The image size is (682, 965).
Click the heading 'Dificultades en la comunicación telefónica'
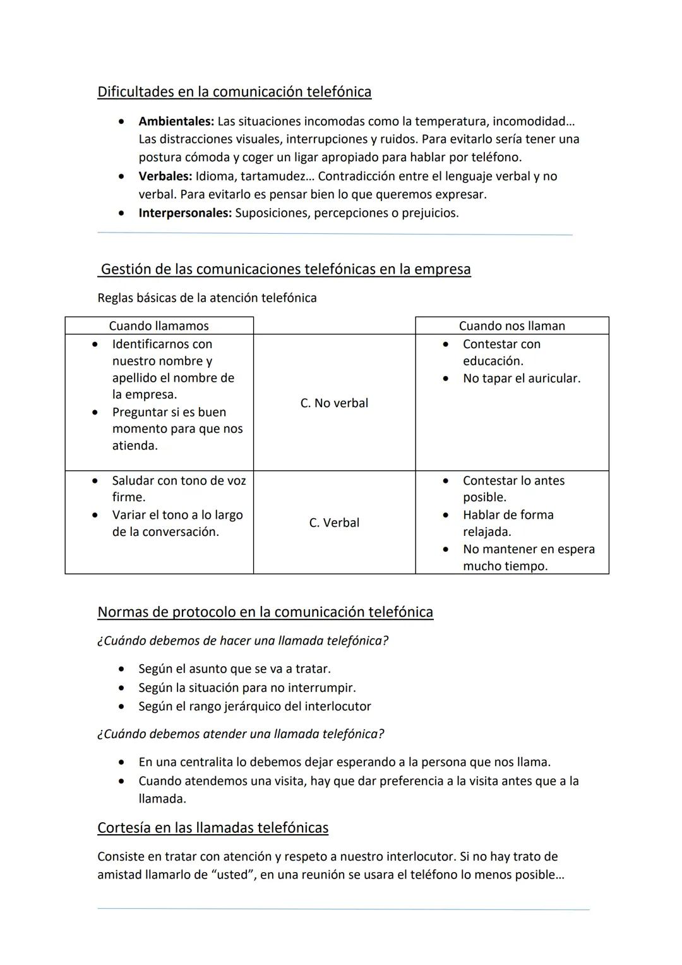pos(234,92)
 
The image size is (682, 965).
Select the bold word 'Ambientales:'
pos(176,121)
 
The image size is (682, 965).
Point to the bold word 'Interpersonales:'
pos(185,213)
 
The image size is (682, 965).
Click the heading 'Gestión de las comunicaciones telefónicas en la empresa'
pos(285,269)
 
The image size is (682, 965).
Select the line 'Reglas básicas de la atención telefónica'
pos(207,298)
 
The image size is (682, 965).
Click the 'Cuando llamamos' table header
pos(159,325)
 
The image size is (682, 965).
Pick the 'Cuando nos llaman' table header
pos(512,325)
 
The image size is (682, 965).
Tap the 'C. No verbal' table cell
pos(334,403)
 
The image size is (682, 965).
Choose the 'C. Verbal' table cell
pos(334,523)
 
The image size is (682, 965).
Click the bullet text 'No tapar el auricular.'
pos(521,379)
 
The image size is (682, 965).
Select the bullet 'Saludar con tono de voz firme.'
pos(179,489)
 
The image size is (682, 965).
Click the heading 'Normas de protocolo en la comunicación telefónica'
pos(265,612)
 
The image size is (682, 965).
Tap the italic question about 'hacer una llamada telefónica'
pos(242,641)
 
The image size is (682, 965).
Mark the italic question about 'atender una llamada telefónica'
pos(241,734)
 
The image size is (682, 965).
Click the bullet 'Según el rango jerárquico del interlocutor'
pos(254,706)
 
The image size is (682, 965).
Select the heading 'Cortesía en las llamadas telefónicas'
pos(213,828)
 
